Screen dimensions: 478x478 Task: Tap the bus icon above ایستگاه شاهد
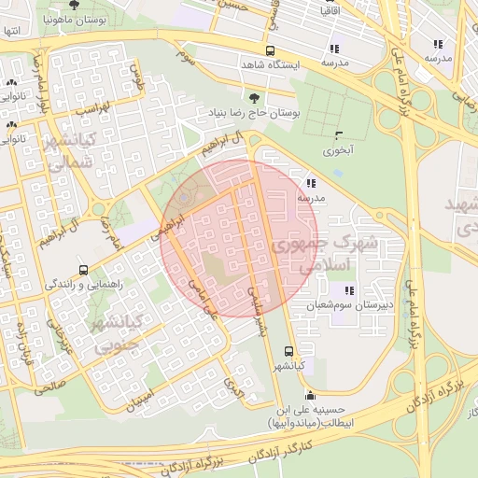271,51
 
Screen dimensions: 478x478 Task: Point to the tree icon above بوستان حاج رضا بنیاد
255,96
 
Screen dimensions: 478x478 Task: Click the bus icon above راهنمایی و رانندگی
84,269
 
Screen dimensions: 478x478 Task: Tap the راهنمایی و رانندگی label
84,283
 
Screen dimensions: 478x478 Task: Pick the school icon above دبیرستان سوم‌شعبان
349,290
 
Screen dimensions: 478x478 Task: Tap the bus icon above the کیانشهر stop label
288,353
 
